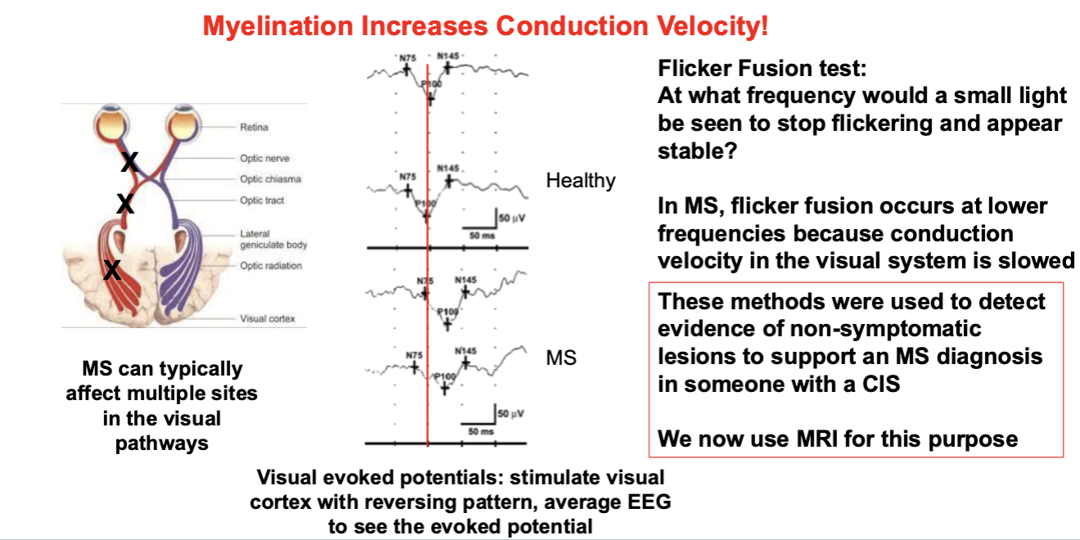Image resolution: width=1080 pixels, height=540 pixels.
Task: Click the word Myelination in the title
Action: coord(277,26)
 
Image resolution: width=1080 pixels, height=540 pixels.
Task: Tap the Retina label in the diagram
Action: coord(254,128)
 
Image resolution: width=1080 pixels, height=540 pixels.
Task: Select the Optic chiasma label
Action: coord(271,179)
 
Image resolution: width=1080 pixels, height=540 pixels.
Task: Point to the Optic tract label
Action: coord(262,200)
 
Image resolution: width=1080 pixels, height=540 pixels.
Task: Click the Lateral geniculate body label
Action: coord(273,239)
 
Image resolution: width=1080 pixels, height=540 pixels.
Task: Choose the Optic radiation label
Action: coord(271,266)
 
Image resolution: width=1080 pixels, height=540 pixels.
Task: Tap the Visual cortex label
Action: coord(268,319)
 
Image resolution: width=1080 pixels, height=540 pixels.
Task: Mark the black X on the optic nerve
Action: coord(129,162)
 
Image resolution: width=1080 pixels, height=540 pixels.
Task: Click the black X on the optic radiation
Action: coord(112,270)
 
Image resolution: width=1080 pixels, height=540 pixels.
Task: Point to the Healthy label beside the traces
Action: coord(581,181)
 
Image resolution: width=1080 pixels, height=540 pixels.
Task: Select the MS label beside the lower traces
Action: coord(561,358)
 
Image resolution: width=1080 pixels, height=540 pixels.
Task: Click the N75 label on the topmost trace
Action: coord(407,58)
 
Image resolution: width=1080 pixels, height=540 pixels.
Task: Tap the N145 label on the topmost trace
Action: coord(448,56)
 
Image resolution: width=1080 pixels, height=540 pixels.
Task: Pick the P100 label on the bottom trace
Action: coord(444,376)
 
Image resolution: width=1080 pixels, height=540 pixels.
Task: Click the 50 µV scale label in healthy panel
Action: coord(512,218)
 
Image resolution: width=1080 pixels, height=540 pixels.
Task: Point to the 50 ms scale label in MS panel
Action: coord(481,431)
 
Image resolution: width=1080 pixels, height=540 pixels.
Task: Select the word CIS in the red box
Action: coord(881,385)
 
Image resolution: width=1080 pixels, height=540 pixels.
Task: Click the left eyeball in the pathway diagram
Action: coord(111,123)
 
